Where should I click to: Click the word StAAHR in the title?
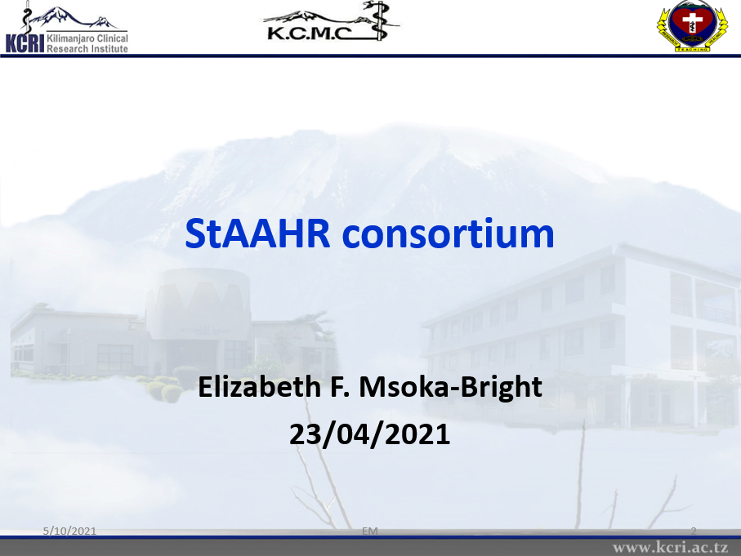click(x=257, y=233)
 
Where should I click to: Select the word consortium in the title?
click(x=448, y=233)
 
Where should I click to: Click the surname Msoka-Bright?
click(x=450, y=388)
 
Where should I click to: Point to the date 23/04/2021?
click(x=369, y=434)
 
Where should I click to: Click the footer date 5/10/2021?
click(x=69, y=531)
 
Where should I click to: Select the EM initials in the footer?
click(x=370, y=531)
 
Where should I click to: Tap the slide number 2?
click(x=694, y=531)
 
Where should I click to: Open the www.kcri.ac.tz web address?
click(x=670, y=548)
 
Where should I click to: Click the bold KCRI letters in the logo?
click(x=25, y=43)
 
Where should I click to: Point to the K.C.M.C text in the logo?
click(x=310, y=33)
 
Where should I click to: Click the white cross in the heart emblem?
click(x=693, y=23)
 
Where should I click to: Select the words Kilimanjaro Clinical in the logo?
click(x=87, y=38)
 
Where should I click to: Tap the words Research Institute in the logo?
click(x=87, y=48)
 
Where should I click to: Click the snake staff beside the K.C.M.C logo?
click(x=380, y=20)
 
